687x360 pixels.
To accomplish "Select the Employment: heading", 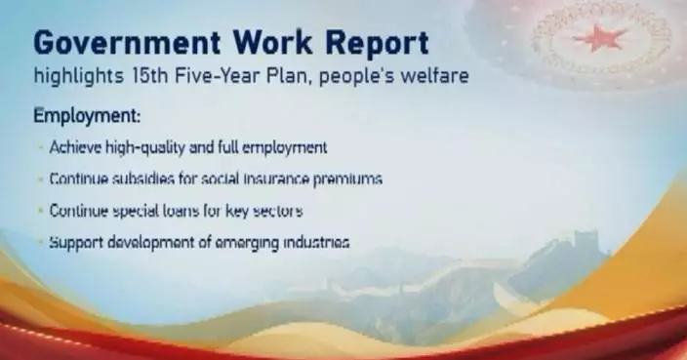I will click(x=87, y=116).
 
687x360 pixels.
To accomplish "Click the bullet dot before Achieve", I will click(x=39, y=148).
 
